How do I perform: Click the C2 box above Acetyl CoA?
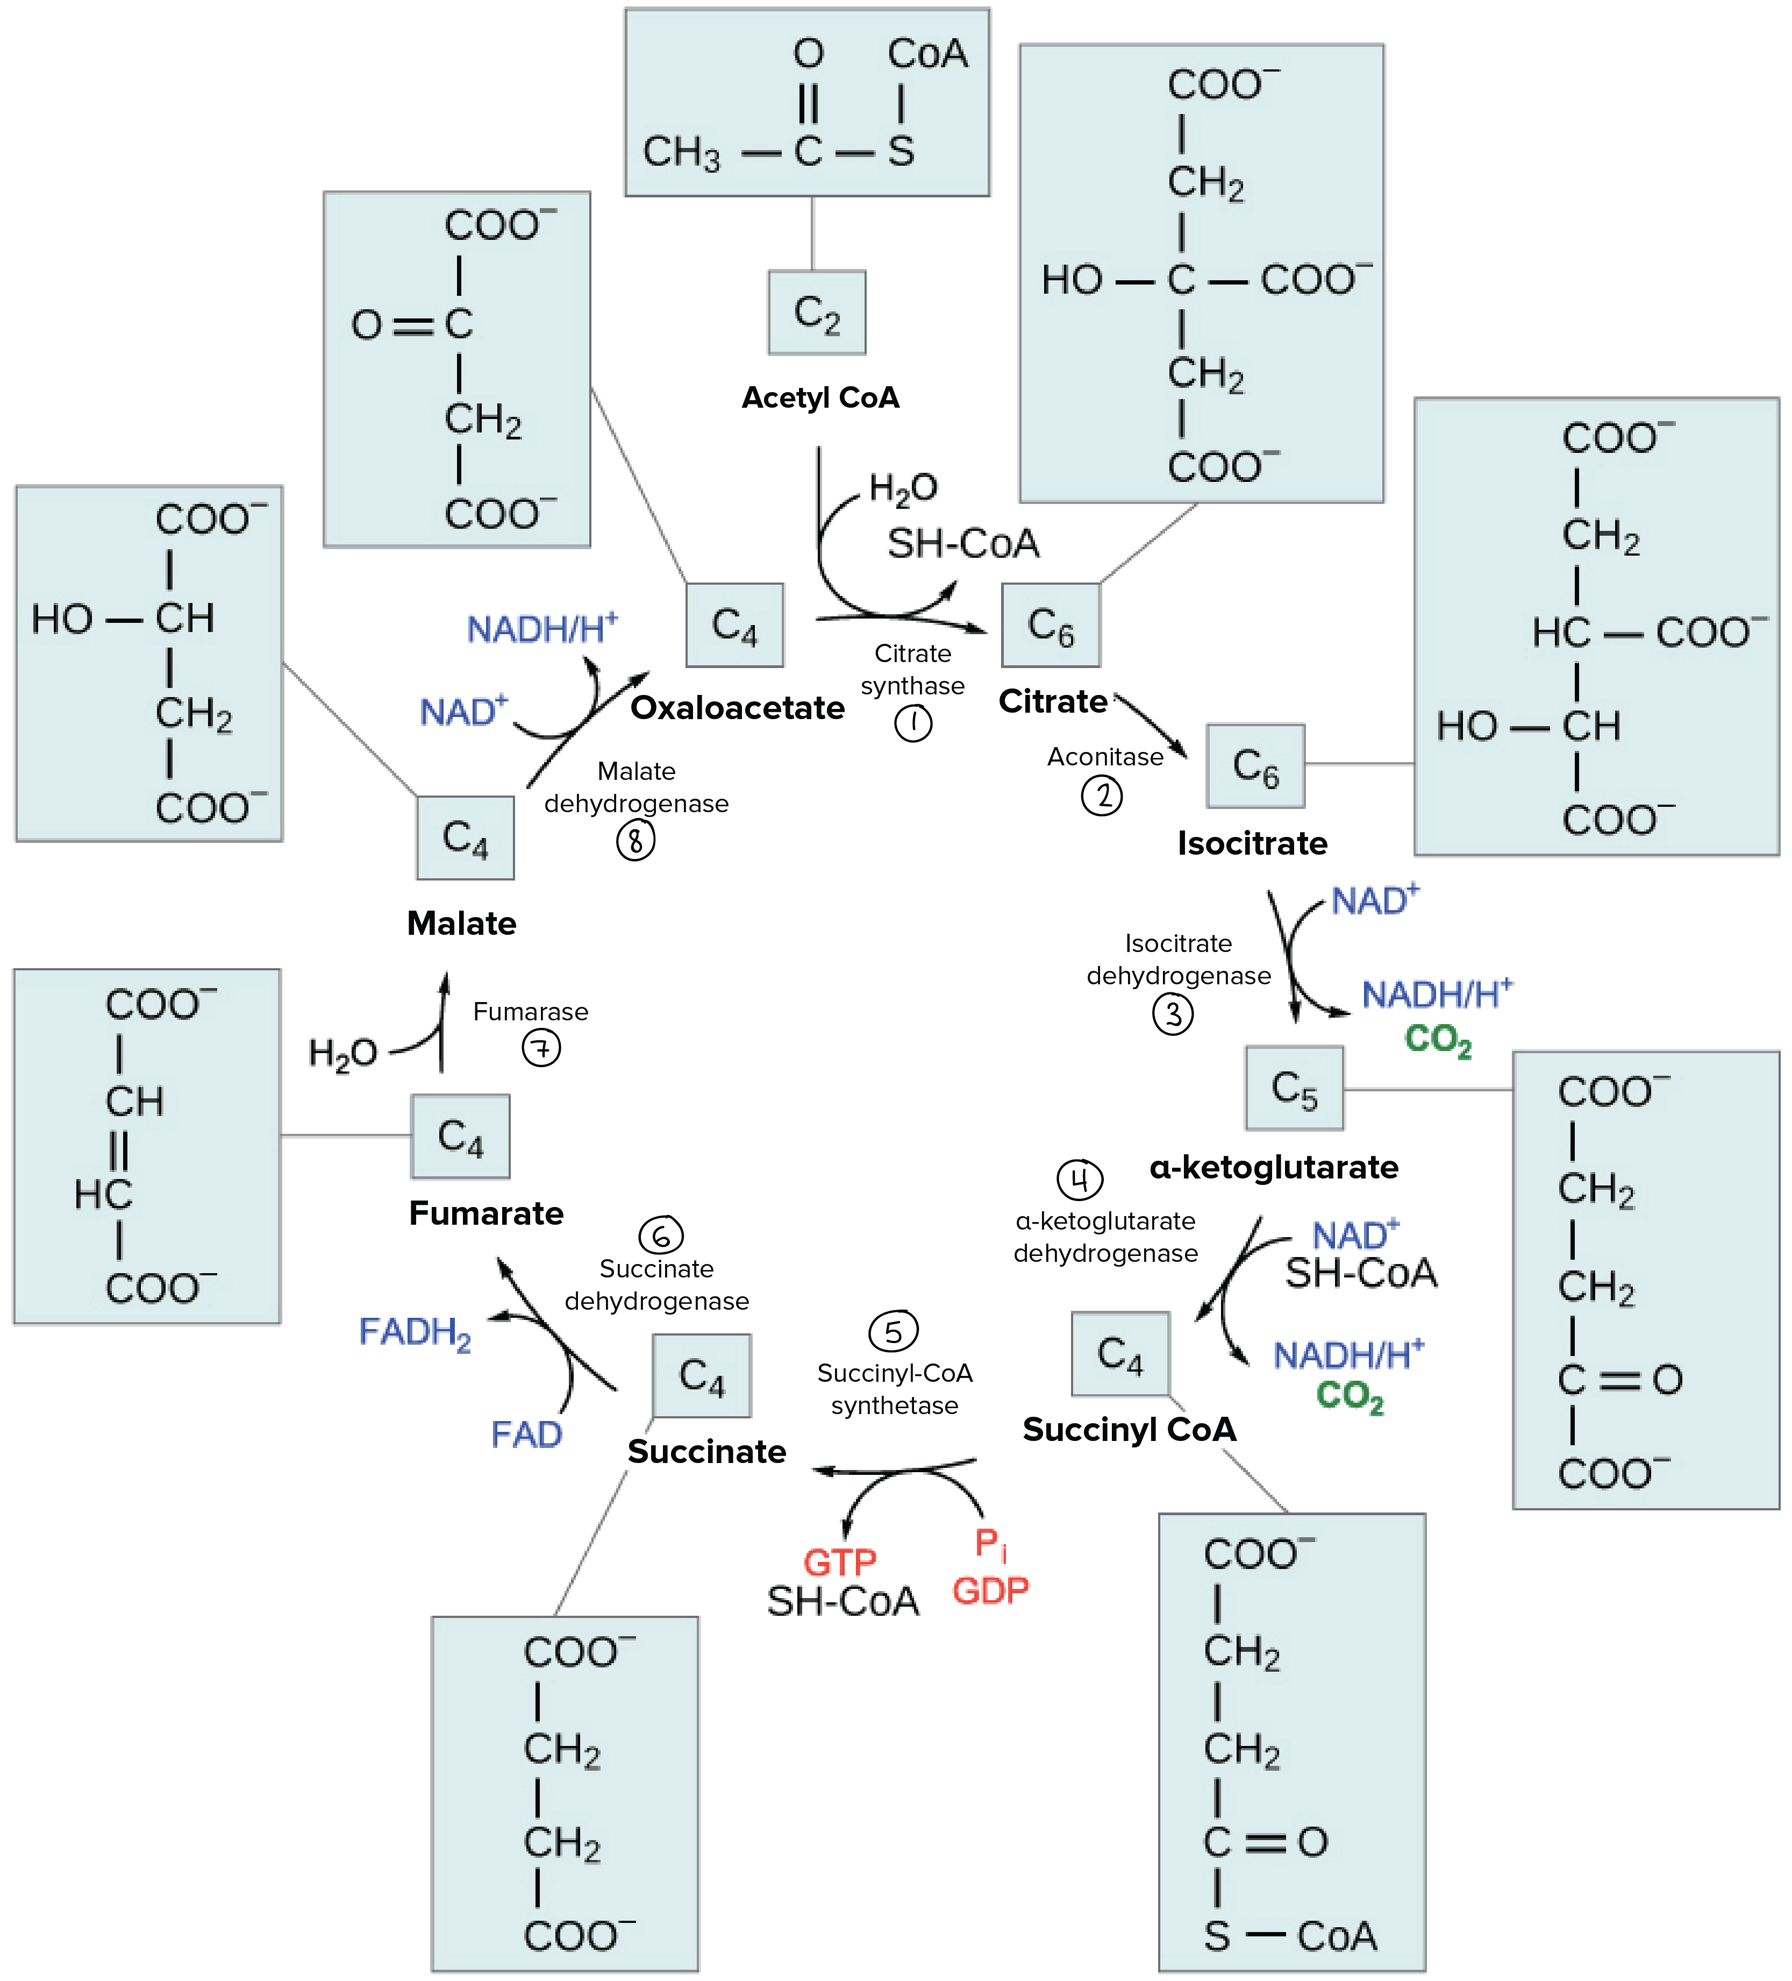(x=816, y=313)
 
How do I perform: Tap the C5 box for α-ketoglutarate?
(x=1294, y=1088)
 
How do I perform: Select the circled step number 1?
(x=913, y=723)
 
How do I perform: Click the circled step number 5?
(x=893, y=1331)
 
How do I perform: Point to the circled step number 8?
(x=636, y=840)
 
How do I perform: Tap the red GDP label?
(x=990, y=1590)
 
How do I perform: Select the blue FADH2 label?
(x=415, y=1332)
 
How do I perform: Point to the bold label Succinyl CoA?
(x=1129, y=1429)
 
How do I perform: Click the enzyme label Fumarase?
(x=531, y=1011)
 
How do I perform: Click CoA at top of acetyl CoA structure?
(x=927, y=54)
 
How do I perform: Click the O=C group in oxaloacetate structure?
(x=412, y=323)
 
